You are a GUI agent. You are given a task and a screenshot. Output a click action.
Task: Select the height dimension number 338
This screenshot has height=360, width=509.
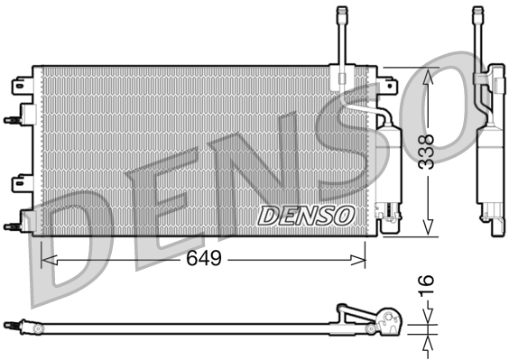[427, 152]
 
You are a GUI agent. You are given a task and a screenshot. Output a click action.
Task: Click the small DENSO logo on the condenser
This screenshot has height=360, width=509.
[306, 215]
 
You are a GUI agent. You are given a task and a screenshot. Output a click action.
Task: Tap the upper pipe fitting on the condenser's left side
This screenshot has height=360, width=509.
[13, 117]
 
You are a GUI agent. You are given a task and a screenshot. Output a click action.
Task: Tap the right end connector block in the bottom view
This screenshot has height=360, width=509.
[389, 320]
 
